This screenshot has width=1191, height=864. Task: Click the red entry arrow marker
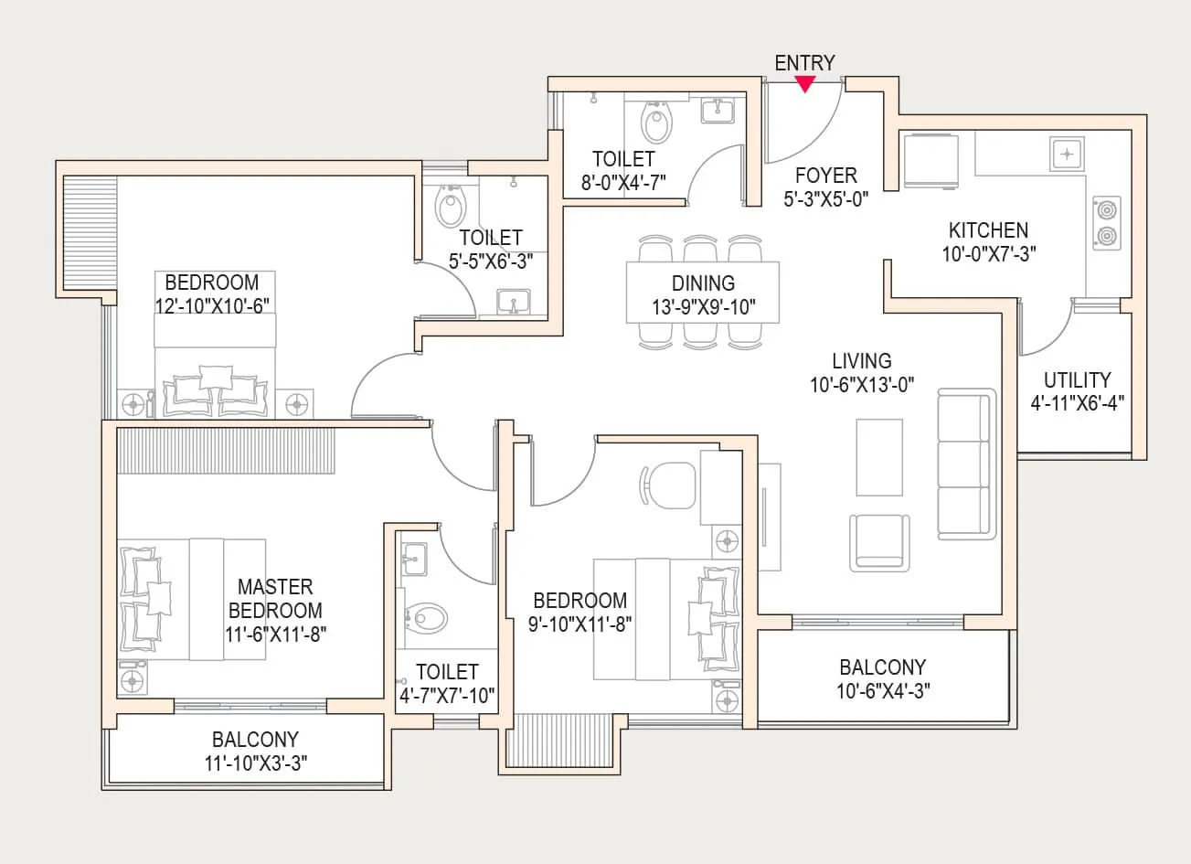[804, 84]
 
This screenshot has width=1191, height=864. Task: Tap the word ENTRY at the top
[804, 62]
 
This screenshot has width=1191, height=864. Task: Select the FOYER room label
[825, 176]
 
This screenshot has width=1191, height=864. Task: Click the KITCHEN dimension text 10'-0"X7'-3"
[988, 254]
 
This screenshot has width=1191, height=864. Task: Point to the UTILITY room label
[1077, 379]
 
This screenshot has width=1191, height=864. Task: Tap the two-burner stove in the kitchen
[1107, 223]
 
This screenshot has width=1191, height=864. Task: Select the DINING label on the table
[703, 283]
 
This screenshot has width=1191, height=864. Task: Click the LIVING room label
[861, 361]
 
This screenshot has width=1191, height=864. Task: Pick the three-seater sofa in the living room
[967, 464]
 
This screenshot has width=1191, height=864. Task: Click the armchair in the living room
[880, 542]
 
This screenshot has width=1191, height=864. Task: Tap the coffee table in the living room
[879, 457]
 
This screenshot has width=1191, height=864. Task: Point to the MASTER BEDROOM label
[275, 599]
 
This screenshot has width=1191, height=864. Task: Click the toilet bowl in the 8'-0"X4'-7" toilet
[656, 123]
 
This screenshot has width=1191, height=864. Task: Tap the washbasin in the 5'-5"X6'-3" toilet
[514, 301]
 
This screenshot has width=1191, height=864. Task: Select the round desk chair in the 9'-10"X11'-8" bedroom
[668, 484]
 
